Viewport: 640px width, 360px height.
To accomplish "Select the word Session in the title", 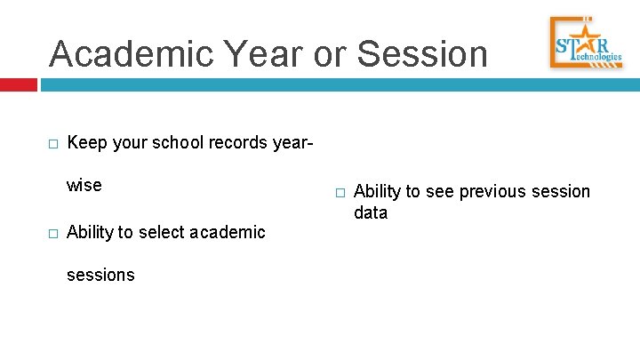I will [422, 53].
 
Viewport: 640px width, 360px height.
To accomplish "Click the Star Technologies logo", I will [585, 43].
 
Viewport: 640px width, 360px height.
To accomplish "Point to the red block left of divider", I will [18, 85].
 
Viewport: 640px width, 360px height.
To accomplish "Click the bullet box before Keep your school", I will [53, 143].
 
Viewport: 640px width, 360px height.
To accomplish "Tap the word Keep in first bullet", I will [85, 142].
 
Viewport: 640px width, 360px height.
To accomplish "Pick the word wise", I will [84, 186].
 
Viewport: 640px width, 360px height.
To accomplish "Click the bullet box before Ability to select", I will [53, 233].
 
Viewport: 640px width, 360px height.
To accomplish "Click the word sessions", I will [100, 275].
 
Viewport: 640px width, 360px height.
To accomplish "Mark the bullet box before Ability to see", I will [340, 192].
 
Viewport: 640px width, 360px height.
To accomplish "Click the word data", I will [371, 213].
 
